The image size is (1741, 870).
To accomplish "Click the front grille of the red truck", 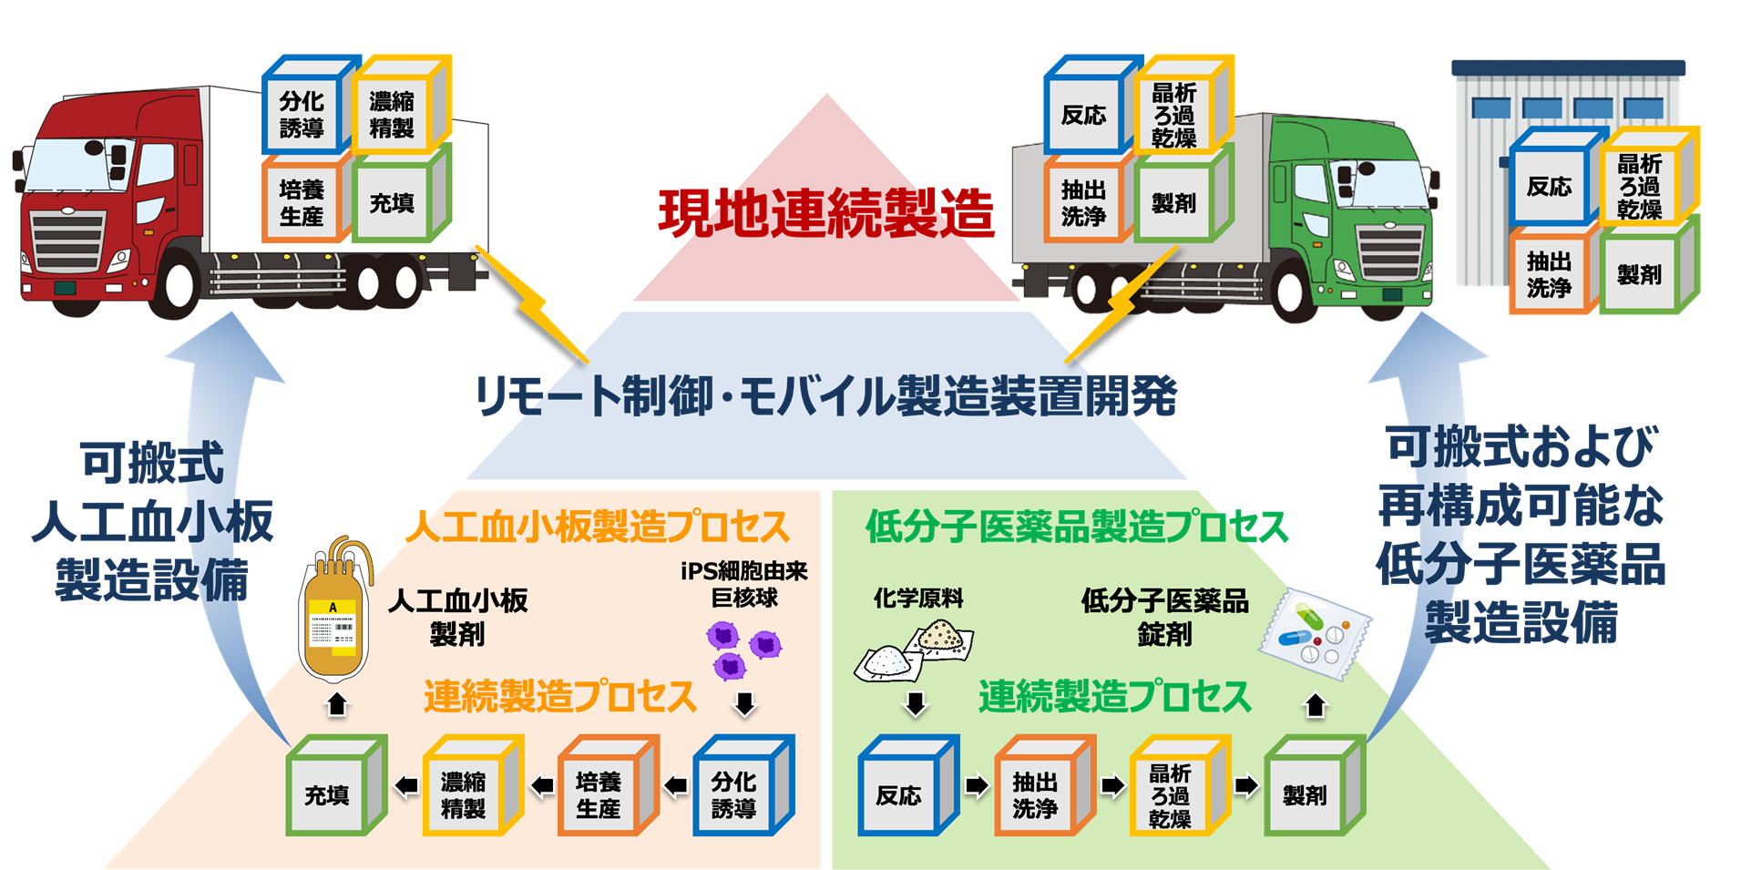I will click(67, 241).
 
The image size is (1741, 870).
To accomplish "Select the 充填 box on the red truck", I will click(393, 202).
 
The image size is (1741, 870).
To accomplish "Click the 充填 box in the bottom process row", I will click(327, 794).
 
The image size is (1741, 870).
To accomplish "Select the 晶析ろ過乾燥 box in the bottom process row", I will click(1171, 794).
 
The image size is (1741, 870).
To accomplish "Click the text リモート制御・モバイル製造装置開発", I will click(826, 396).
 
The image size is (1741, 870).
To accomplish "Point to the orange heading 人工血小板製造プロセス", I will click(597, 527).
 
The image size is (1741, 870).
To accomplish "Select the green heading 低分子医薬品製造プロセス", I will click(1076, 527).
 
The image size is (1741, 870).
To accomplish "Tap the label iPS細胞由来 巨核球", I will click(744, 584).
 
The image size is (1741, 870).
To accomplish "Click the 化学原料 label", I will click(917, 598).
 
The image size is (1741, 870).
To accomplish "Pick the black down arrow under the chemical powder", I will click(915, 703).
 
